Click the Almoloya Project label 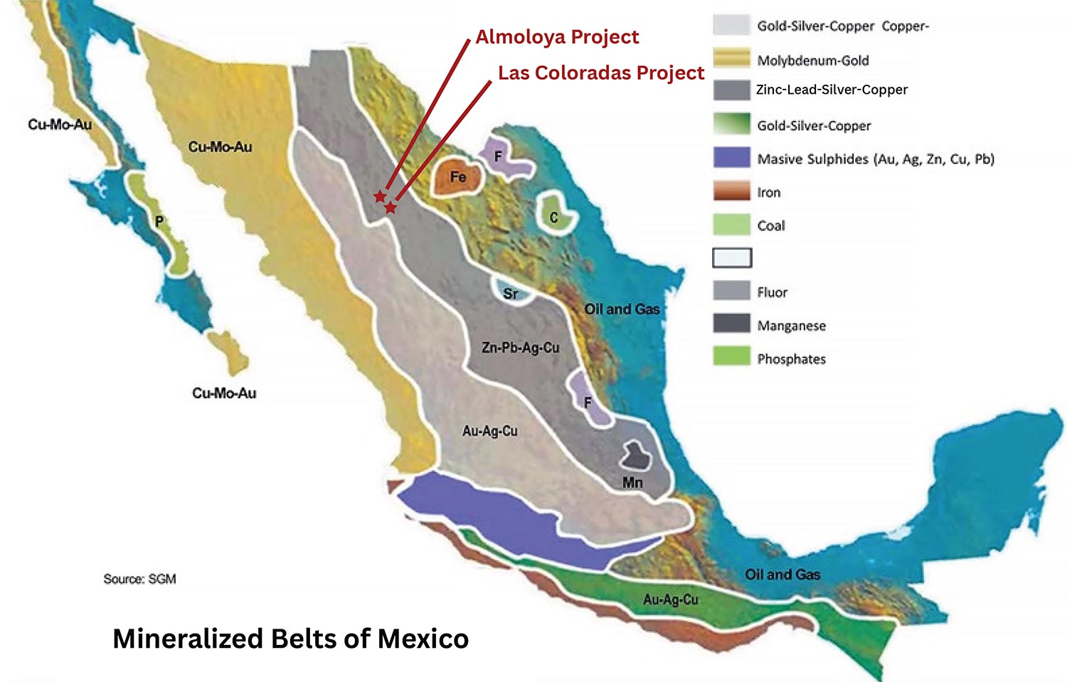click(557, 37)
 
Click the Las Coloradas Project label click(600, 73)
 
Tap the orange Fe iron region click(457, 178)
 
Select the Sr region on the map click(510, 292)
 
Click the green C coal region click(554, 214)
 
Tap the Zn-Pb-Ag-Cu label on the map click(520, 348)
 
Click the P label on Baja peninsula click(159, 222)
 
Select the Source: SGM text click(139, 579)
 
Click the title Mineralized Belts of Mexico click(290, 638)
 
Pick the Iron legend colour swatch click(731, 191)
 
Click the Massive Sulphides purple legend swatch click(731, 158)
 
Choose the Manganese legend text click(791, 326)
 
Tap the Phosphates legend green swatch click(731, 357)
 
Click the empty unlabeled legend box click(732, 257)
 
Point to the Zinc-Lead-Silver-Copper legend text click(832, 90)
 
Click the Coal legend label click(771, 225)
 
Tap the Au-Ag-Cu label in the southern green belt click(670, 600)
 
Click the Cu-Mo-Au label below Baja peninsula click(224, 393)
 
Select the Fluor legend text click(772, 292)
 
